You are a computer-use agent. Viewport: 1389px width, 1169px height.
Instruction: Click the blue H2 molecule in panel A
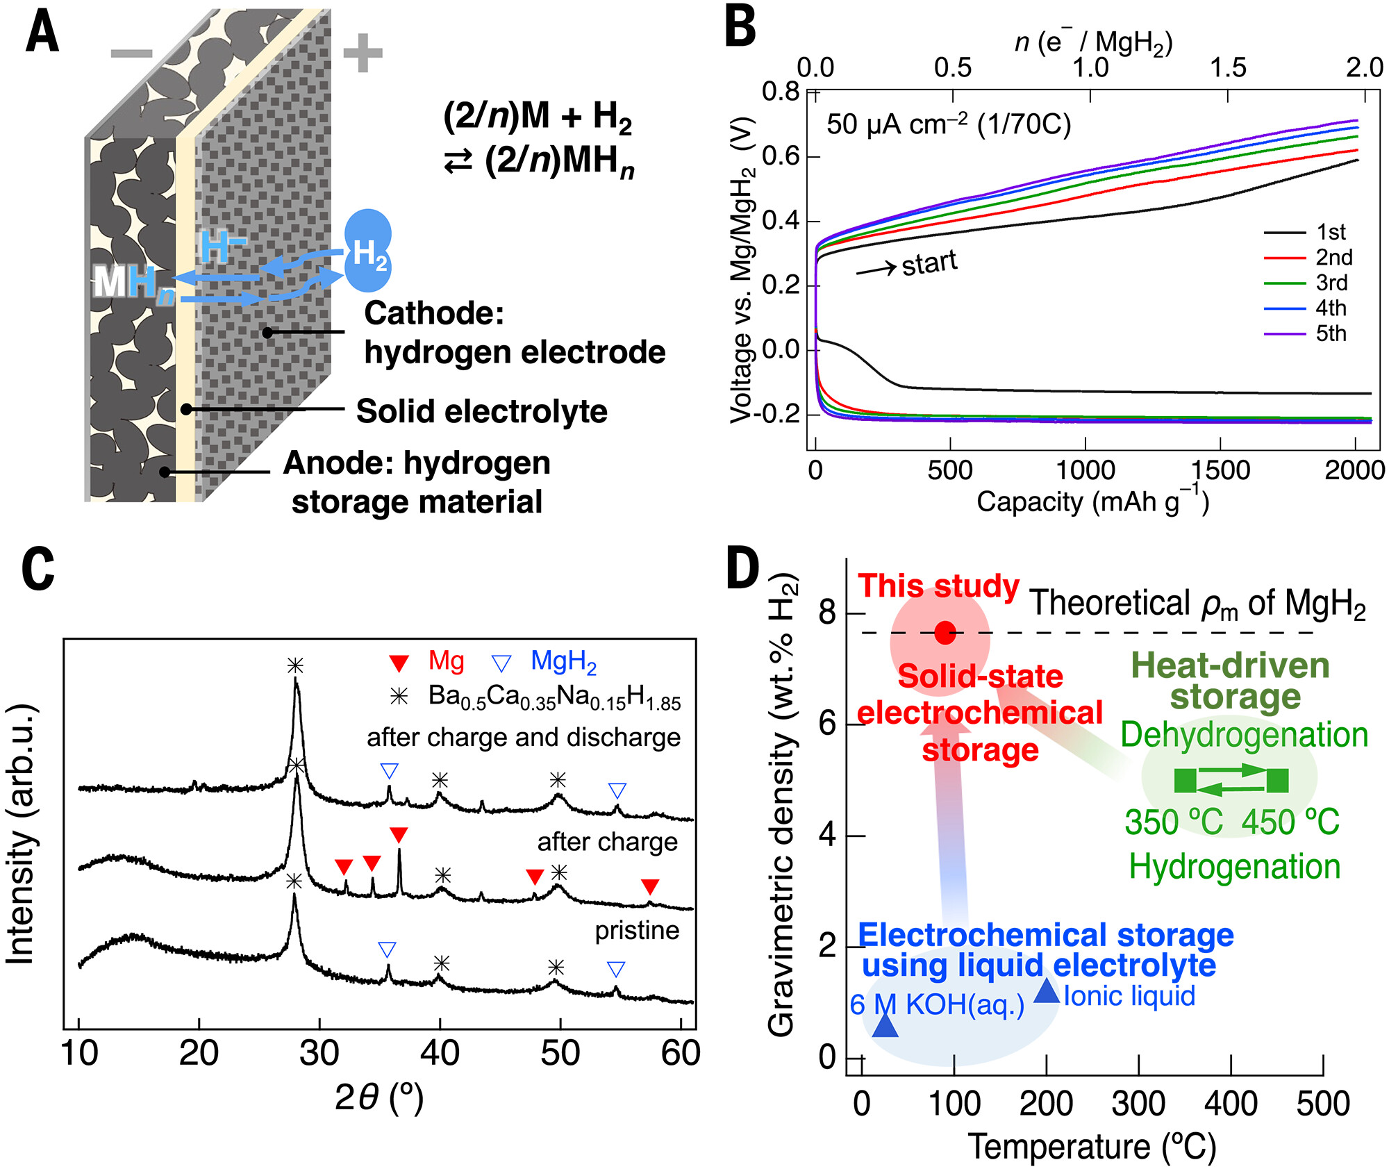[x=368, y=250]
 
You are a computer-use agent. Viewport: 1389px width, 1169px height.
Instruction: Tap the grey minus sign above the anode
[x=131, y=53]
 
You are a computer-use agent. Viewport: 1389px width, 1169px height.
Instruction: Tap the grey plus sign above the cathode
[x=363, y=53]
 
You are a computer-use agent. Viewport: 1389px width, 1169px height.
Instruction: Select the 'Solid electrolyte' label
[x=481, y=411]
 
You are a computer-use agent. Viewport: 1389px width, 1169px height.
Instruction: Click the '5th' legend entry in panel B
[x=1331, y=333]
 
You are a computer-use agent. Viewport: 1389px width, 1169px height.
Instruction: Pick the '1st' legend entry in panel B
[x=1331, y=232]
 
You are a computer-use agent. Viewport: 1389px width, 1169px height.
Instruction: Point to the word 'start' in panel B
[x=929, y=263]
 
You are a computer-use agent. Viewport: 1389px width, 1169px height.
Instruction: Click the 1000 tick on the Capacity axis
[x=1086, y=470]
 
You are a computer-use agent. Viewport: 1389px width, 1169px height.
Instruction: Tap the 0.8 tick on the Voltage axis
[x=781, y=92]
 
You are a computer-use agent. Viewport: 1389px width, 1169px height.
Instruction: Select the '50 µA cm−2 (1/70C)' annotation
[x=949, y=125]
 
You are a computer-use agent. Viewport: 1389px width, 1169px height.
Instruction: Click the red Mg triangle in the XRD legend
[x=399, y=663]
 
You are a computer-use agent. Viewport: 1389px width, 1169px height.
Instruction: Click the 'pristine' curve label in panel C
[x=637, y=930]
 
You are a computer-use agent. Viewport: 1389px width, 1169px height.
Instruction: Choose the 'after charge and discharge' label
[x=524, y=737]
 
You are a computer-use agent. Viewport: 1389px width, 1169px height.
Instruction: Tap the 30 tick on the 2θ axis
[x=319, y=1054]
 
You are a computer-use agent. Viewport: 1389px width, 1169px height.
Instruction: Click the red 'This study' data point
[x=945, y=633]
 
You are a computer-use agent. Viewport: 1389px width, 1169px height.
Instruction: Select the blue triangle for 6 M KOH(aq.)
[x=885, y=1025]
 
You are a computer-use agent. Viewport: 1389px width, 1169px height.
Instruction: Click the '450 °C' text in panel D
[x=1290, y=822]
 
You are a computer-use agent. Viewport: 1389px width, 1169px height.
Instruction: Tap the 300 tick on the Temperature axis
[x=1138, y=1104]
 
